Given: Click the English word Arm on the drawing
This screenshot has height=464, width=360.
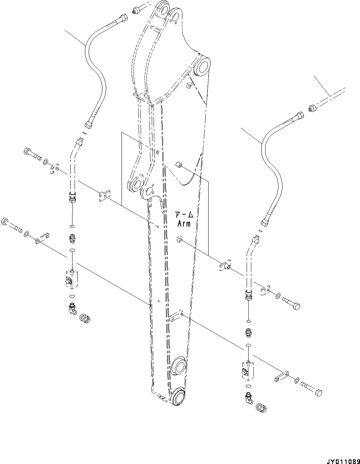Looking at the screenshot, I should [x=184, y=223].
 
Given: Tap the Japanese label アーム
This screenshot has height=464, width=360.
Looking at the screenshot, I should [x=184, y=215].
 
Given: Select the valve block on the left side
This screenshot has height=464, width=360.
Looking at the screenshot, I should [x=72, y=277].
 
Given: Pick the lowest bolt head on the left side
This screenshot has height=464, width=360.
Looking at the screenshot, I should [x=5, y=221].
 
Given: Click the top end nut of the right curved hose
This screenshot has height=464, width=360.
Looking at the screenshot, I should [x=300, y=116].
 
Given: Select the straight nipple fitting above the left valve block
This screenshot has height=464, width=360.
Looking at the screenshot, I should [x=72, y=238].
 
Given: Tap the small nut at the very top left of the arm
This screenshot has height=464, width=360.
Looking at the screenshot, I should [x=135, y=11].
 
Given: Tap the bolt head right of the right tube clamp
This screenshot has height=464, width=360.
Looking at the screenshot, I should [x=296, y=305].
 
